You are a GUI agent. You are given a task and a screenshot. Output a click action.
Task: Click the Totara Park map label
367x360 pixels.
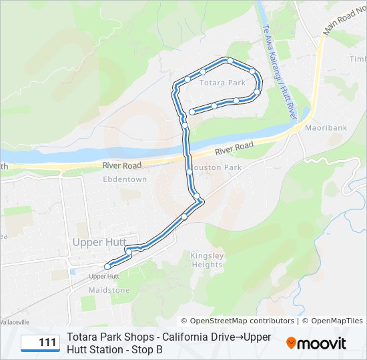pyautogui.click(x=209, y=83)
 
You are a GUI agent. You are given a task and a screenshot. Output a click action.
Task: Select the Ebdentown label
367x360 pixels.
pyautogui.click(x=125, y=179)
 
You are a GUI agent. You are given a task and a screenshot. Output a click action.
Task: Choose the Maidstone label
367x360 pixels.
pyautogui.click(x=109, y=290)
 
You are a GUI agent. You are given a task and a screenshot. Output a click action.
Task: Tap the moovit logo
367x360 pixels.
pyautogui.click(x=316, y=343)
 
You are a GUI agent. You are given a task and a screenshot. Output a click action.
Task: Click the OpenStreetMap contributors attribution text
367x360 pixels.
pyautogui.click(x=238, y=321)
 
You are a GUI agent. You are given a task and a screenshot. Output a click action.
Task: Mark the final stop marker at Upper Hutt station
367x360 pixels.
pyautogui.click(x=107, y=267)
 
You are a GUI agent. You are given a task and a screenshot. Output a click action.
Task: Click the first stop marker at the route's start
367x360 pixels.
pyautogui.click(x=192, y=112)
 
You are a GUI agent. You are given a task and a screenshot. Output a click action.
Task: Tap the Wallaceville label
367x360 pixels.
pyautogui.click(x=15, y=321)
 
